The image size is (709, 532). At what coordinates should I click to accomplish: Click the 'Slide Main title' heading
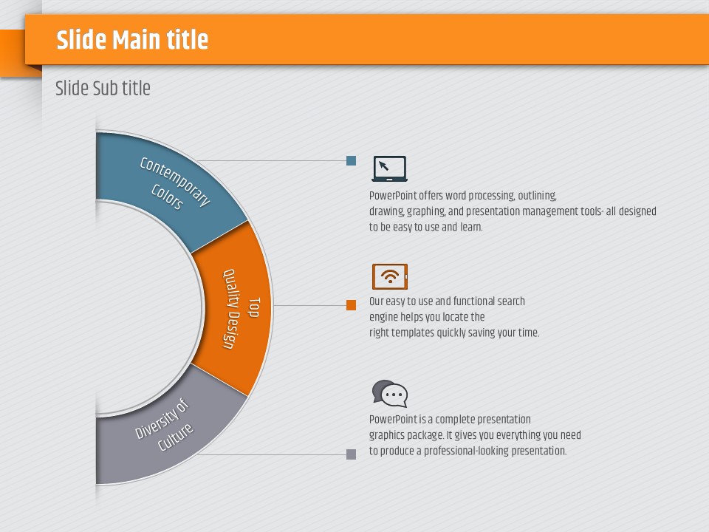click(x=132, y=40)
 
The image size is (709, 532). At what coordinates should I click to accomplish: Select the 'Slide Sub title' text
click(x=103, y=88)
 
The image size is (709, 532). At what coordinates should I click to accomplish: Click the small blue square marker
click(x=351, y=160)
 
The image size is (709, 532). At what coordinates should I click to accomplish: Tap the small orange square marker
click(x=351, y=305)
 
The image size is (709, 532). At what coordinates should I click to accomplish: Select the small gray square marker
click(x=351, y=454)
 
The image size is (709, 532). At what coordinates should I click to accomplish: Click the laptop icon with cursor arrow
click(x=389, y=168)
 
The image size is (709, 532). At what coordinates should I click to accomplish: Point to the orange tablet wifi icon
click(x=390, y=276)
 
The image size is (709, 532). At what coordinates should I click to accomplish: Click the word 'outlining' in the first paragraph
click(x=537, y=196)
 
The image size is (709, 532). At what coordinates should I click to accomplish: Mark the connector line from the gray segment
click(x=272, y=454)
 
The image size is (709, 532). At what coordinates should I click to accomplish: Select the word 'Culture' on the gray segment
click(x=176, y=437)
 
